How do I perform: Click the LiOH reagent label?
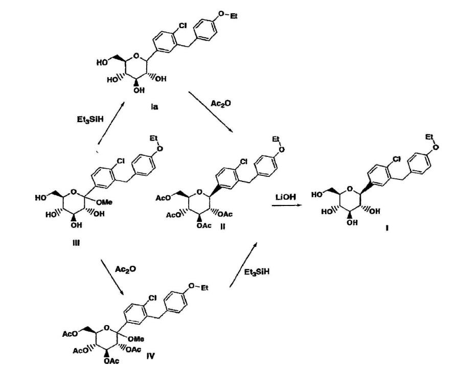(285, 197)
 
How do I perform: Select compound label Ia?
(154, 107)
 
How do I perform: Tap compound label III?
(76, 243)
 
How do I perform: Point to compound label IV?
(150, 356)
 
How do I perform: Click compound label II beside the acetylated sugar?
(222, 226)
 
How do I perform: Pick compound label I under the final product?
(387, 228)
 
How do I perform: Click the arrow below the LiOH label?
(287, 205)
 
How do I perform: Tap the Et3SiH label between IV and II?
(257, 272)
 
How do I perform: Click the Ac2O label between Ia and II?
(221, 103)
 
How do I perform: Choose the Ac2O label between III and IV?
(125, 269)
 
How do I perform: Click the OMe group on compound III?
(104, 202)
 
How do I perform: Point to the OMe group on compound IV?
(136, 339)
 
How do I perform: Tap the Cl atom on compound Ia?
(182, 26)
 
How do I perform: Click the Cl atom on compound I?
(397, 159)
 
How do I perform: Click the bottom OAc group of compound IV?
(111, 361)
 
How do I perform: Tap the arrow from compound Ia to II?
(211, 111)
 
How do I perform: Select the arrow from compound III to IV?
(112, 277)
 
